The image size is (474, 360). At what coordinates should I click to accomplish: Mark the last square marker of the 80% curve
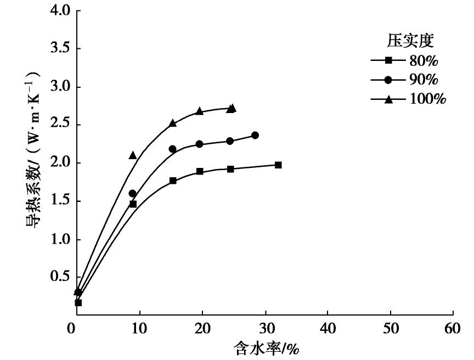tap(278, 165)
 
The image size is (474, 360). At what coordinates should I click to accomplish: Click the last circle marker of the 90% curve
tap(255, 135)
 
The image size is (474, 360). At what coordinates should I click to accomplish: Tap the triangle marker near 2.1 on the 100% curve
tap(133, 155)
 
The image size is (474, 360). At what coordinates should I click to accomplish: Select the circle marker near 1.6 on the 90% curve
tap(132, 193)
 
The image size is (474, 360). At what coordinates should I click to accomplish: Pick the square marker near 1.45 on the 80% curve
tap(133, 204)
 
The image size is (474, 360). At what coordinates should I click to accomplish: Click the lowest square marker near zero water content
tap(78, 302)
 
